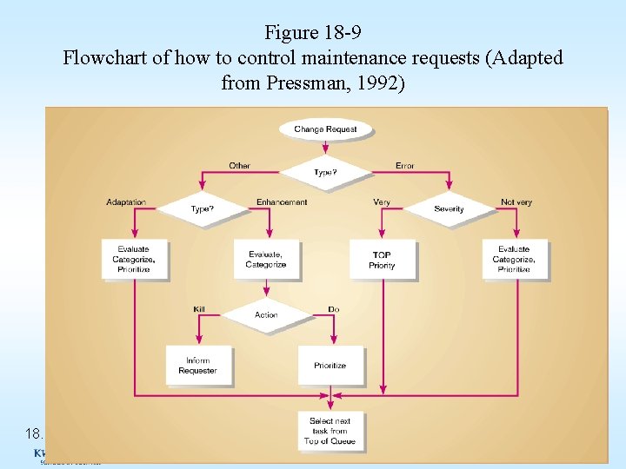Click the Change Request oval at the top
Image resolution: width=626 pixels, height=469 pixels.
(x=326, y=129)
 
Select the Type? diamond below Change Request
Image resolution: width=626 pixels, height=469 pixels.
(x=326, y=172)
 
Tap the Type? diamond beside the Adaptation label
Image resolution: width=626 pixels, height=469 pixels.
(x=202, y=209)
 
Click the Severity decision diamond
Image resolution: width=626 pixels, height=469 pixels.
(x=449, y=209)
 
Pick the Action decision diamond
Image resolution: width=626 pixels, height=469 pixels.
(x=266, y=314)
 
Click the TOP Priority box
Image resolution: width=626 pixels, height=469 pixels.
(x=382, y=260)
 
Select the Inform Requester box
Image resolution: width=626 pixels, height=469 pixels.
(x=198, y=366)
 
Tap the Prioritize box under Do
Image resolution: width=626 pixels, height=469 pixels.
(x=330, y=366)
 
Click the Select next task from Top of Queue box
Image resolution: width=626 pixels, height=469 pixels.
(x=330, y=431)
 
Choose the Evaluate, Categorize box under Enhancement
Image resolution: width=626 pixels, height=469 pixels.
(x=266, y=260)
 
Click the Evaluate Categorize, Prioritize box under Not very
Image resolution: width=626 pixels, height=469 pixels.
(x=515, y=259)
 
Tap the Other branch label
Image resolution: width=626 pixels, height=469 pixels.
(x=240, y=165)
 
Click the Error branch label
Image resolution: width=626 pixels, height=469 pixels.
(x=405, y=165)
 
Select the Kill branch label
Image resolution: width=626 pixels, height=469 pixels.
(x=199, y=309)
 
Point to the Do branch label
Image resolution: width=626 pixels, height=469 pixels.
(x=334, y=309)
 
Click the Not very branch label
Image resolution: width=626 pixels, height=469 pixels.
(x=516, y=202)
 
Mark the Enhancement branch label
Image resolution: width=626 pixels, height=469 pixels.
(x=282, y=202)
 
